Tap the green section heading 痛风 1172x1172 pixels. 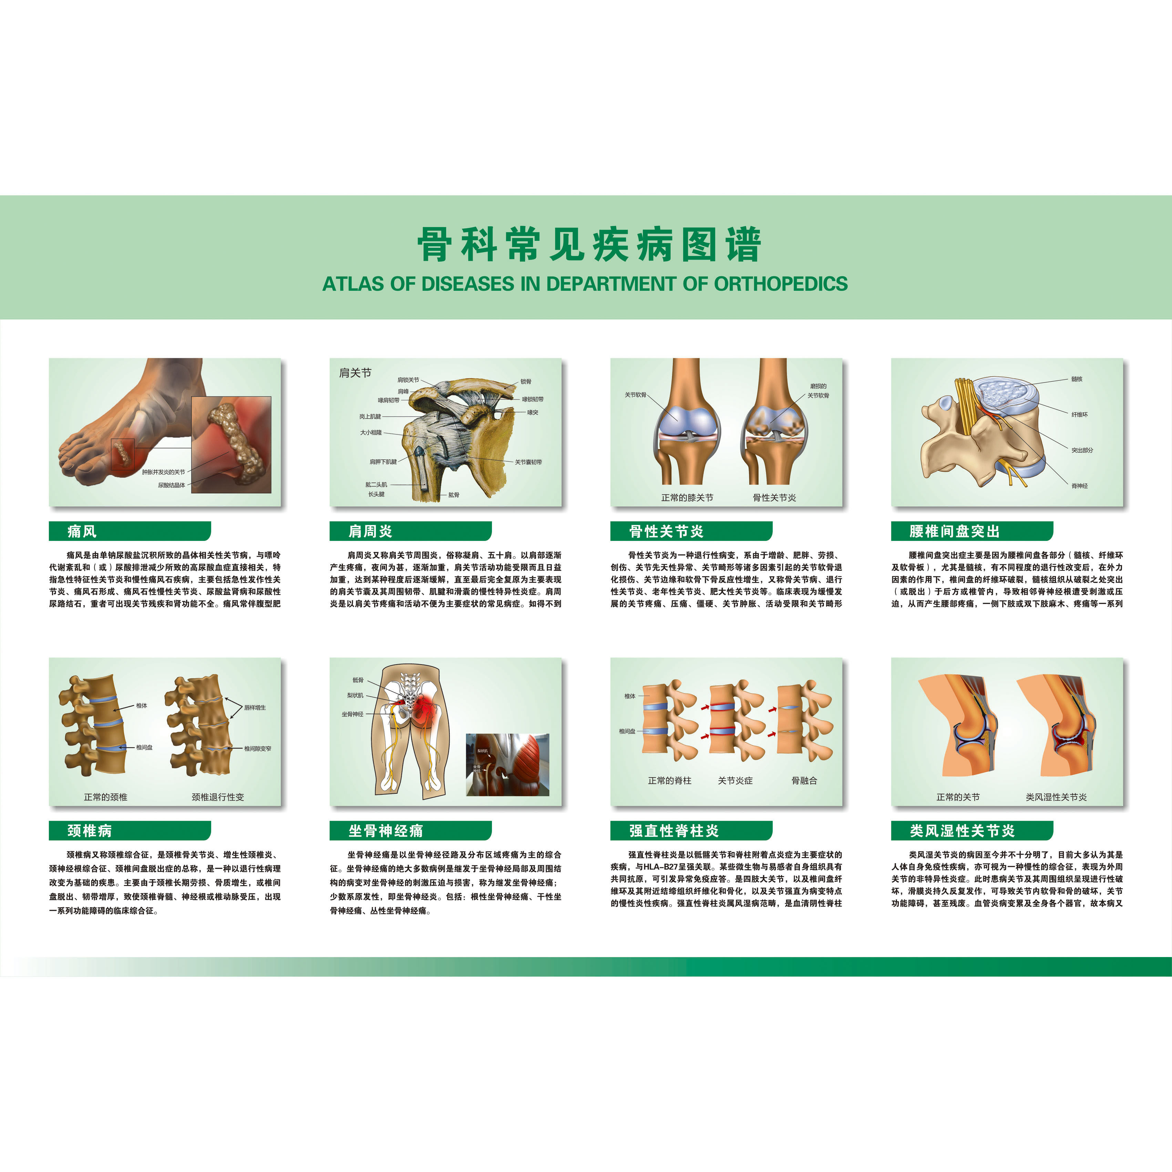tap(82, 532)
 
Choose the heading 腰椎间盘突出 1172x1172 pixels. tap(954, 532)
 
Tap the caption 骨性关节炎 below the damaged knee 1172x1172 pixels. tap(774, 497)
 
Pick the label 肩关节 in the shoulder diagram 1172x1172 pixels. tap(355, 372)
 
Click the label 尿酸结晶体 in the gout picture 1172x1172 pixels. tap(171, 485)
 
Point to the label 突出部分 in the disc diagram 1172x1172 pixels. tap(1082, 450)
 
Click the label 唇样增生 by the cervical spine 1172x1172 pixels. tap(255, 707)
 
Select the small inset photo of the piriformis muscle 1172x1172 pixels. tap(507, 764)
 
